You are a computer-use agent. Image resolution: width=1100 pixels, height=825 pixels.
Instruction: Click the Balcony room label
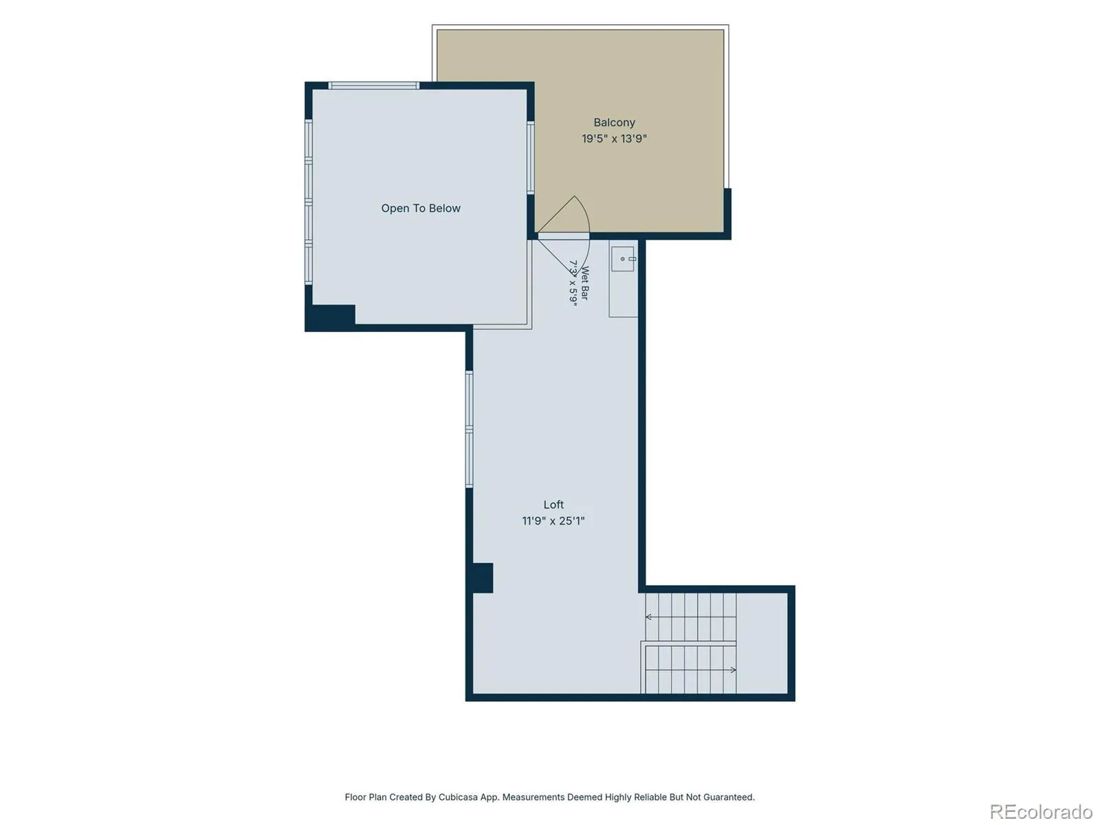pyautogui.click(x=614, y=122)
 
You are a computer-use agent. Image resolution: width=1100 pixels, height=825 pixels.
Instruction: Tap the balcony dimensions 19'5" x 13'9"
pyautogui.click(x=614, y=138)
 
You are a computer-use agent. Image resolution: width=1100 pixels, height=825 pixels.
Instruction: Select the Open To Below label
pyautogui.click(x=421, y=208)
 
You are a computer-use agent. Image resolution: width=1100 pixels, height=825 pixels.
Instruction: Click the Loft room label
pyautogui.click(x=553, y=505)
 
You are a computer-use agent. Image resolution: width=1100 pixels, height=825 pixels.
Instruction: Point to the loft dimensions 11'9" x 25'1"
pyautogui.click(x=553, y=521)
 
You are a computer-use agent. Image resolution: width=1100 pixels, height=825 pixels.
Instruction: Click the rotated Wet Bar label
pyautogui.click(x=584, y=283)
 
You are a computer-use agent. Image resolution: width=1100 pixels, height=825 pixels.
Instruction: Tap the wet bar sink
pyautogui.click(x=622, y=259)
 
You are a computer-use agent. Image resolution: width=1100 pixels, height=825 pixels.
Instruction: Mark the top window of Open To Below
pyautogui.click(x=374, y=86)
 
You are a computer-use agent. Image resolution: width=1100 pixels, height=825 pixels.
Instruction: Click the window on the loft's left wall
pyautogui.click(x=469, y=429)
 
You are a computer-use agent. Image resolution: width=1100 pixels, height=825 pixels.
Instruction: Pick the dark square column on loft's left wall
pyautogui.click(x=483, y=578)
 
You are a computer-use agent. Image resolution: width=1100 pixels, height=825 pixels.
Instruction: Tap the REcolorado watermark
pyautogui.click(x=1041, y=811)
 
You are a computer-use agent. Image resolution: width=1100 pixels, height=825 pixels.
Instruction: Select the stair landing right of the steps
pyautogui.click(x=762, y=643)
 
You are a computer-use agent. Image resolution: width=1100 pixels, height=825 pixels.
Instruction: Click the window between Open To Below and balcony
pyautogui.click(x=530, y=157)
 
